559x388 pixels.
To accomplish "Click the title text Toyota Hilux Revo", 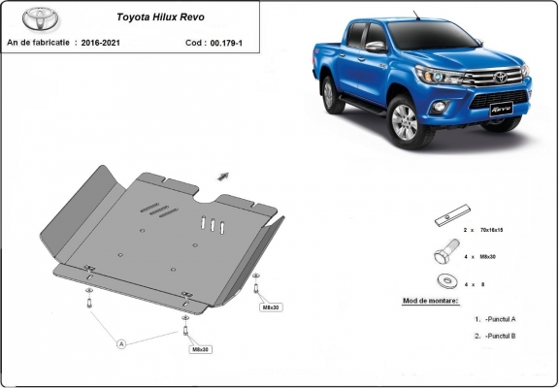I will click(161, 16).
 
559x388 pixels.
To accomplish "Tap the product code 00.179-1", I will click(230, 44).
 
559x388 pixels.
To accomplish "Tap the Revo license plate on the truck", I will click(498, 111).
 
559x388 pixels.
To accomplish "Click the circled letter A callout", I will click(122, 343).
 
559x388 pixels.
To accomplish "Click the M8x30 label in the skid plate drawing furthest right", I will click(270, 307).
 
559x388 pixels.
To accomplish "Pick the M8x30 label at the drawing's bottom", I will click(200, 348).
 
